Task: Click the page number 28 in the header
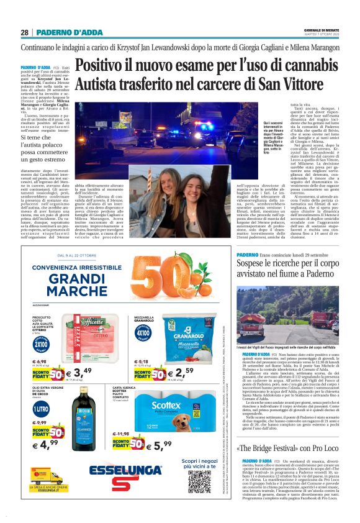click(x=24, y=32)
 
